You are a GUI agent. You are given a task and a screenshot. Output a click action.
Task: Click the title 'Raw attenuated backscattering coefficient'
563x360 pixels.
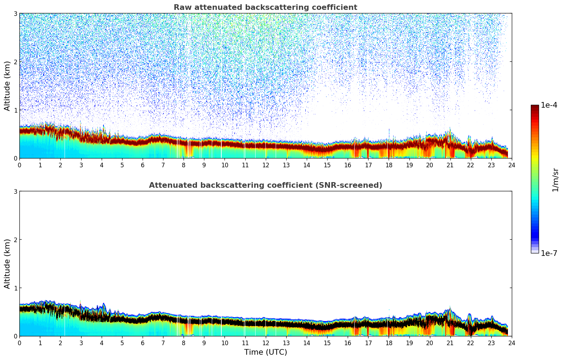[x=265, y=7]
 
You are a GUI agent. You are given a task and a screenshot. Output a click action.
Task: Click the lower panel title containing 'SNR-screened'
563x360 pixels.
[x=265, y=185]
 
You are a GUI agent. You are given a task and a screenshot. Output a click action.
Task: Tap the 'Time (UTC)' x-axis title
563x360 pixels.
[x=265, y=352]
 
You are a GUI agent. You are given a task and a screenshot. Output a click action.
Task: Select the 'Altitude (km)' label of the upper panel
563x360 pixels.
[x=7, y=86]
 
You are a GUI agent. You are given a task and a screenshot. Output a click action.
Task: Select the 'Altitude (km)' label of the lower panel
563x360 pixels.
[x=7, y=264]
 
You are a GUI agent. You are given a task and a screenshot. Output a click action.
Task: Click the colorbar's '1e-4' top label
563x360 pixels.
[x=549, y=105]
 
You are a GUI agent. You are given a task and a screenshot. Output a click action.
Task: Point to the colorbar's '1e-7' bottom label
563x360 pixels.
[x=549, y=253]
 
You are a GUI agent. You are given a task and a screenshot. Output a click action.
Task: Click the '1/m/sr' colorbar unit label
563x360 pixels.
[x=555, y=180]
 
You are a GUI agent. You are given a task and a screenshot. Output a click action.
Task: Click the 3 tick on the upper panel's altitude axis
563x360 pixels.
[x=15, y=13]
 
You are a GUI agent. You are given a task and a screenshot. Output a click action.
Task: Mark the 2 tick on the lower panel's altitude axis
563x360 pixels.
[x=15, y=240]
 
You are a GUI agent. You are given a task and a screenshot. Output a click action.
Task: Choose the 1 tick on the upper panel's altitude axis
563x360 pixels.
[x=15, y=110]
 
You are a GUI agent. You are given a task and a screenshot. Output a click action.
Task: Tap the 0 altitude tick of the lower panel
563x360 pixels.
[x=15, y=336]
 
